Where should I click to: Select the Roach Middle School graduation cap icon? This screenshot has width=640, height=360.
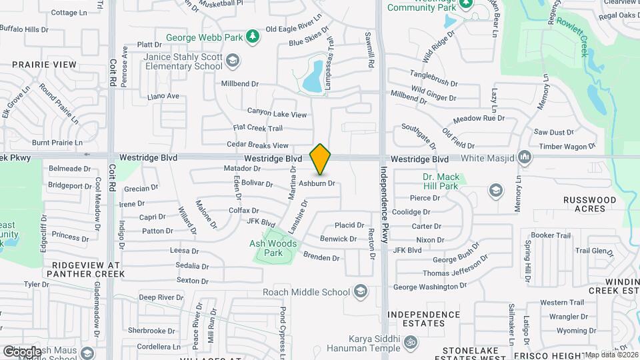(x=361, y=291)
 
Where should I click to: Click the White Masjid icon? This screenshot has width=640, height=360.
(x=525, y=158)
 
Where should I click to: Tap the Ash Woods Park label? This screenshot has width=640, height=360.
(x=273, y=248)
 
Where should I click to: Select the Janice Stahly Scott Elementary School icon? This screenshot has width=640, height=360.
(x=233, y=62)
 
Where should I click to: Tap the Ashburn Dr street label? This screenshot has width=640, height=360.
(x=316, y=183)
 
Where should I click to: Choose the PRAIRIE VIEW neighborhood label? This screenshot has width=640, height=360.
(x=45, y=65)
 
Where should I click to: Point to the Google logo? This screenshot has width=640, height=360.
(x=21, y=351)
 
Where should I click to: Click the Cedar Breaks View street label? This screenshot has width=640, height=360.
(x=257, y=145)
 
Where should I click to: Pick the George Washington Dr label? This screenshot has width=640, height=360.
(x=429, y=287)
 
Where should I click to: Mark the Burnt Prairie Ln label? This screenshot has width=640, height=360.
(x=57, y=143)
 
